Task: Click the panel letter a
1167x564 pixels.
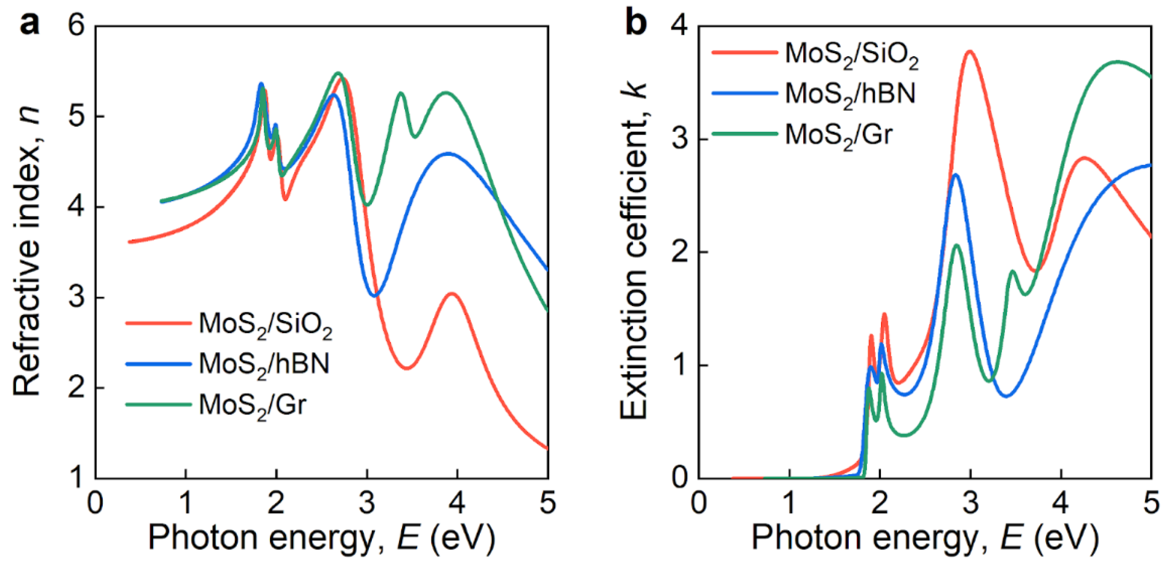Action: pos(30,24)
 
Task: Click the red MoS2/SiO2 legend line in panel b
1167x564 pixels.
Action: pos(744,52)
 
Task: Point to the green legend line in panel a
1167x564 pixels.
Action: pos(158,404)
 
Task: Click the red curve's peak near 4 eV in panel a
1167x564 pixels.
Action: pos(452,294)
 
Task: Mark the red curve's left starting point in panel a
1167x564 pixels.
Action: pos(130,242)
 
